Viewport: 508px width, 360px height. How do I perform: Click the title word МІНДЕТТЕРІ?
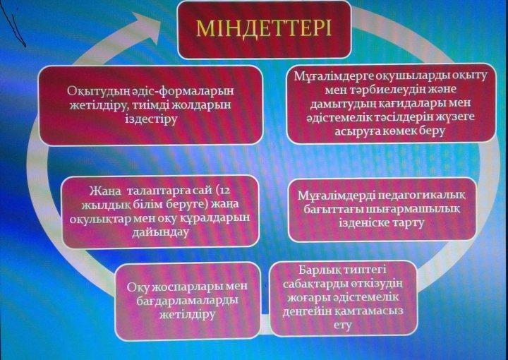click(x=264, y=28)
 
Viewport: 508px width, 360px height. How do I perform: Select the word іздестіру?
click(x=151, y=119)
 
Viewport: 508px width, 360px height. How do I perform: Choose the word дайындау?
click(x=160, y=233)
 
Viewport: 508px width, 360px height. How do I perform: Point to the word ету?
click(x=343, y=325)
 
